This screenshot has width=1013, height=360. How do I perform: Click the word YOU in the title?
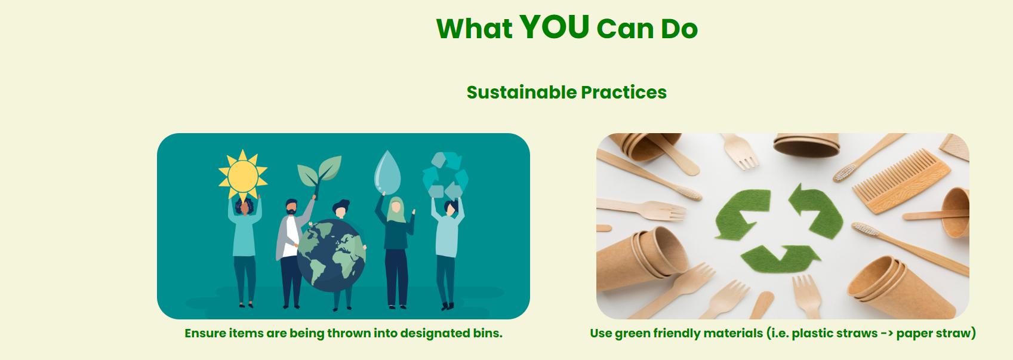tap(554, 26)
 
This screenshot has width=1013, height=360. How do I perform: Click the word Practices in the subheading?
tap(624, 93)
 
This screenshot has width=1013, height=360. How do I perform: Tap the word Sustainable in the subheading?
tap(522, 92)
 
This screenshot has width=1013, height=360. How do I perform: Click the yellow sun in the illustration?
tap(243, 176)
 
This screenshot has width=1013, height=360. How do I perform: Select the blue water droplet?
tap(387, 173)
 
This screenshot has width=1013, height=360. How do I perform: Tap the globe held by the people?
tap(331, 256)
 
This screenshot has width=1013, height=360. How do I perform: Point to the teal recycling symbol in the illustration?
tap(445, 176)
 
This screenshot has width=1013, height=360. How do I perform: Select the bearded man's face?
tap(291, 208)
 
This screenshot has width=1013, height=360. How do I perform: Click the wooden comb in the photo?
tap(901, 181)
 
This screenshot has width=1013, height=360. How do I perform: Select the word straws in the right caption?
tap(855, 333)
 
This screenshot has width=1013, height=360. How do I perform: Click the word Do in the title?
tap(679, 29)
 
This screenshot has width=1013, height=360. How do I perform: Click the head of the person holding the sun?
tap(245, 207)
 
